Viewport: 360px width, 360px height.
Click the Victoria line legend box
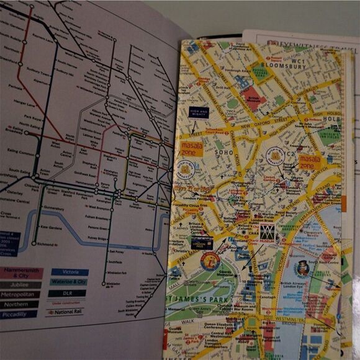click(70, 272)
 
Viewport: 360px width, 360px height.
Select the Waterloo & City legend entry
click(70, 282)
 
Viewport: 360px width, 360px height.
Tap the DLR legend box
click(70, 293)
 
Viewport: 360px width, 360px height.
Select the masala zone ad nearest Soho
click(192, 148)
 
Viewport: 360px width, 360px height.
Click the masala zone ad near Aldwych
click(311, 163)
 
